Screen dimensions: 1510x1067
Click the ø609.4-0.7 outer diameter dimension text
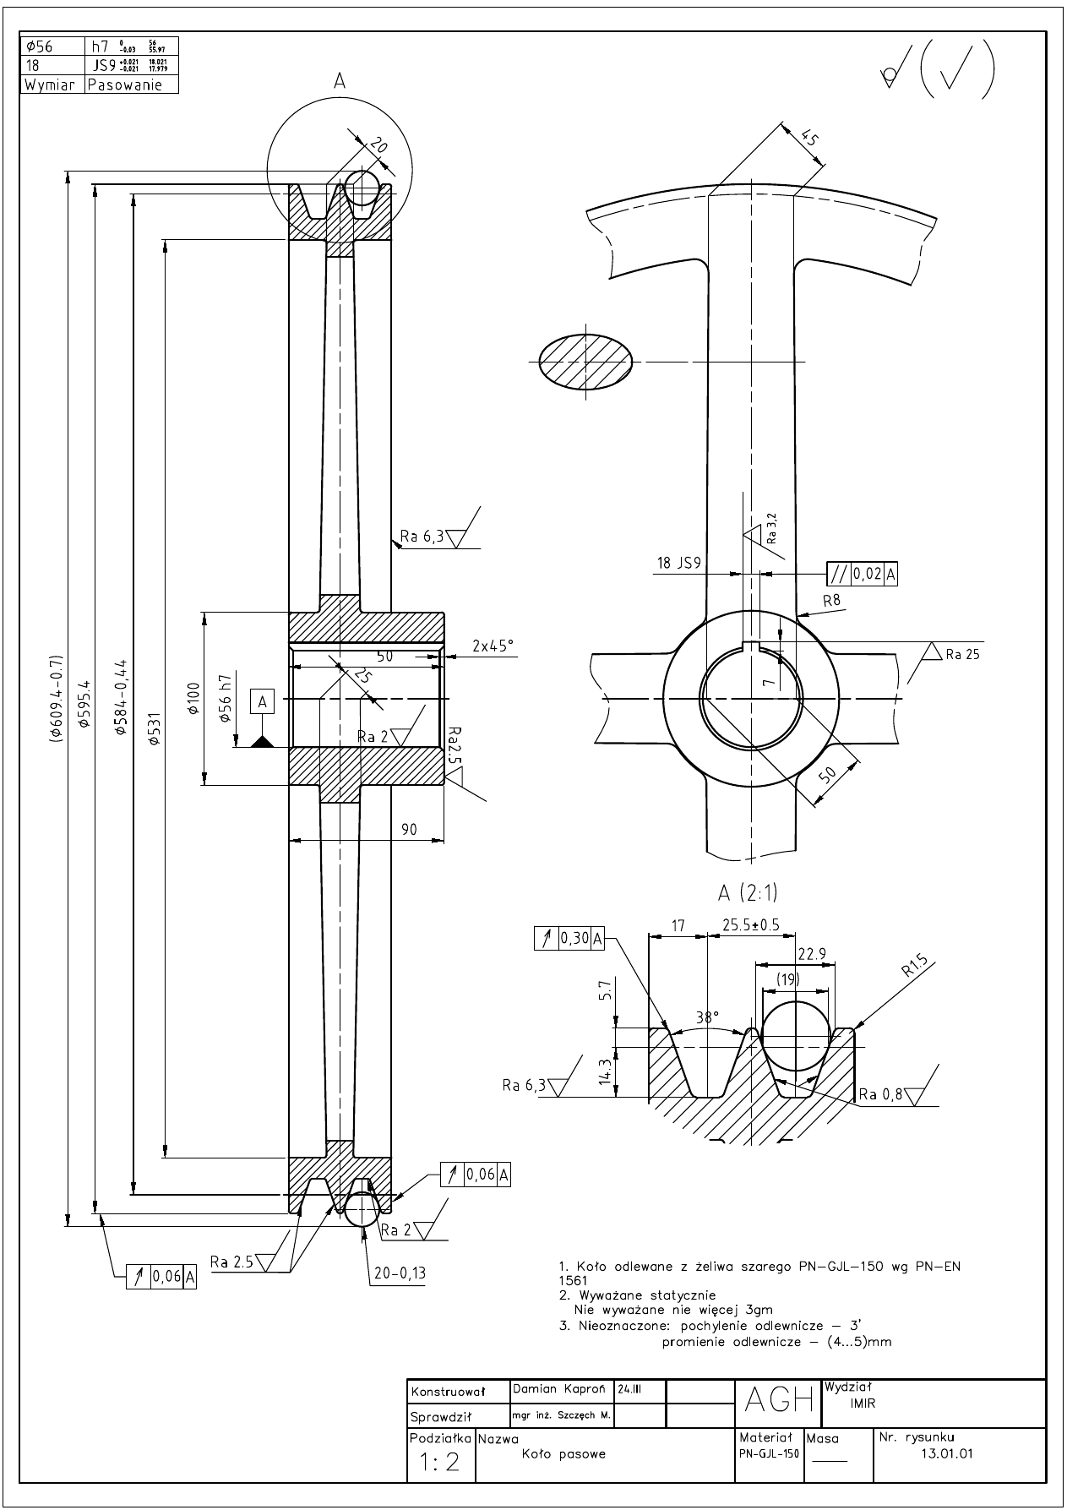[57, 698]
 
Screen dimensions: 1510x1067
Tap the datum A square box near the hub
[263, 701]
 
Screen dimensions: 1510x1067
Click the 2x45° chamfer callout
[493, 646]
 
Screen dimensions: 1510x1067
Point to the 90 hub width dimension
[408, 830]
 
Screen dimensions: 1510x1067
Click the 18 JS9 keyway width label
[678, 563]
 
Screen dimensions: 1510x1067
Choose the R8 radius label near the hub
[831, 600]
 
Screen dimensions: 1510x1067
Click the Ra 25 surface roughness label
[962, 653]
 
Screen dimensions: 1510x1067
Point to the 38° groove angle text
[706, 1017]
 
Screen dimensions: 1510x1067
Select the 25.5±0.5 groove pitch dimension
[750, 924]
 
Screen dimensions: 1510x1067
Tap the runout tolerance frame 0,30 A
[569, 938]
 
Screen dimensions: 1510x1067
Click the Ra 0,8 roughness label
[880, 1094]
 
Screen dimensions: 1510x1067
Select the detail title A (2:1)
[747, 892]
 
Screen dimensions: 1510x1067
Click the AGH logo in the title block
[778, 1401]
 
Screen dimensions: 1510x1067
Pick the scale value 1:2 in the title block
[439, 1462]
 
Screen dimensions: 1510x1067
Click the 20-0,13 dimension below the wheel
[398, 1273]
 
